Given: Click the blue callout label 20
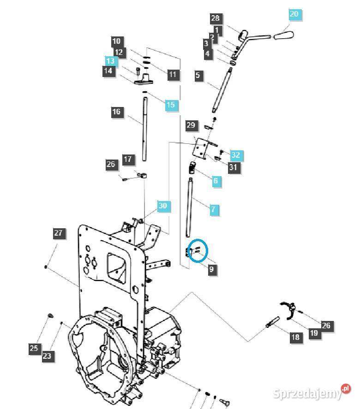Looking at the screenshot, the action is pyautogui.click(x=295, y=15).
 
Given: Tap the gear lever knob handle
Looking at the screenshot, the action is pyautogui.click(x=283, y=35).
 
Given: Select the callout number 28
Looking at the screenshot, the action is pyautogui.click(x=216, y=19).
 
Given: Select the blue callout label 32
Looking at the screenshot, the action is pyautogui.click(x=236, y=155).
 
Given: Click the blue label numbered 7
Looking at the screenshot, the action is pyautogui.click(x=214, y=210).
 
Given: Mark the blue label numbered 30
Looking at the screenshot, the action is pyautogui.click(x=164, y=206).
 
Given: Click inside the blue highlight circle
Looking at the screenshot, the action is pyautogui.click(x=198, y=250).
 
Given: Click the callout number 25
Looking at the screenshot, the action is pyautogui.click(x=35, y=349).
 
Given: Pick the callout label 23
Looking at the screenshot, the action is pyautogui.click(x=48, y=356).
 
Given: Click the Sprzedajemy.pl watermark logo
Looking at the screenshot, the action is pyautogui.click(x=312, y=392).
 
